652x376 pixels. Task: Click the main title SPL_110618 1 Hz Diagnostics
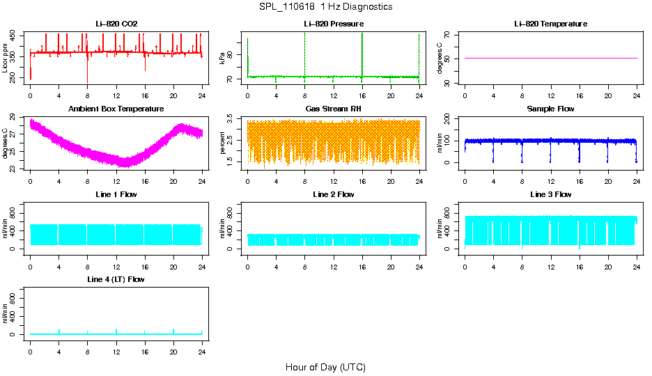pos(325,7)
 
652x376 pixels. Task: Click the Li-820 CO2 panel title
pos(116,24)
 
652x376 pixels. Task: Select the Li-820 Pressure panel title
pos(333,24)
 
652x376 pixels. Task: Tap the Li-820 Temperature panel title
pos(550,24)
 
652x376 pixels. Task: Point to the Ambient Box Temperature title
pos(116,109)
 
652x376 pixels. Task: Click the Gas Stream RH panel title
pos(333,109)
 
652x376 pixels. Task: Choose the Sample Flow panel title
pos(550,109)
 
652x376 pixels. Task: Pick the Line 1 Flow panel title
pos(116,194)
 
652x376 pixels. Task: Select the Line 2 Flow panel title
pos(333,194)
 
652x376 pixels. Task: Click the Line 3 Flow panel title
pos(550,194)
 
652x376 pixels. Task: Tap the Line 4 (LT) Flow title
pos(116,279)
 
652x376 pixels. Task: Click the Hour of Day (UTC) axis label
pos(325,367)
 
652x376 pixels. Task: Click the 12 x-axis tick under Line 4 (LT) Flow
pos(116,352)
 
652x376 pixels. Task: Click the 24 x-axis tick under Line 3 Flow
pos(636,267)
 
